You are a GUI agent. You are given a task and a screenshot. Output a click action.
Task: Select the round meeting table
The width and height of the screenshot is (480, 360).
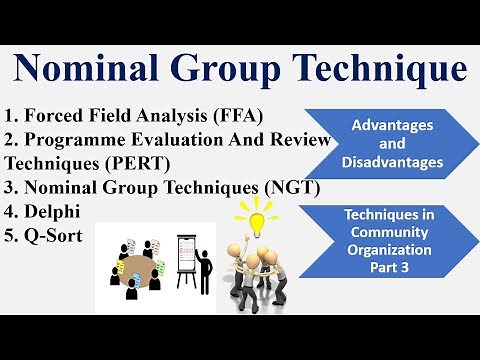click(x=134, y=270)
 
